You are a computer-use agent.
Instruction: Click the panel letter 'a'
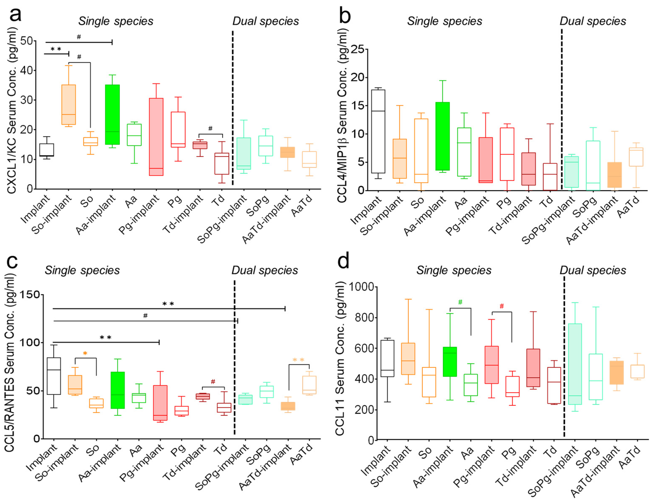click(16, 14)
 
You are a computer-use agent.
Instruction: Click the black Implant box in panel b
click(378, 131)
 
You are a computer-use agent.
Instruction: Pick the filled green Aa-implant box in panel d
click(450, 362)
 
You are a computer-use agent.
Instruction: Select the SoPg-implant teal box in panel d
click(575, 364)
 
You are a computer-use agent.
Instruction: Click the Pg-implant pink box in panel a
click(156, 137)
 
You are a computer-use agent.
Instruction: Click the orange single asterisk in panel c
click(85, 354)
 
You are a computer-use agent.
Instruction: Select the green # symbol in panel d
click(460, 302)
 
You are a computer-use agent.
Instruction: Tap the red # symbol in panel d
click(502, 306)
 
